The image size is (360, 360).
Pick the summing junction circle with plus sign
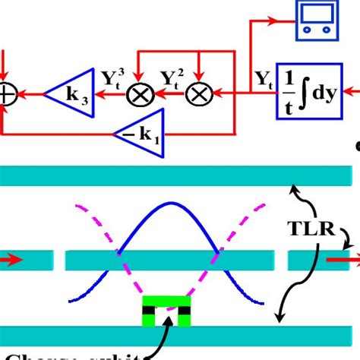click(x=6, y=94)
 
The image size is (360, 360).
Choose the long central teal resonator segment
click(x=168, y=261)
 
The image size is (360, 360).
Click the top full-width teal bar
click(x=179, y=175)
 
